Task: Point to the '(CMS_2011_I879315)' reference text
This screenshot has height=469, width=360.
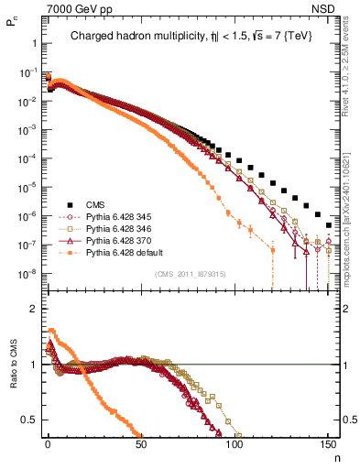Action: coord(191,274)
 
